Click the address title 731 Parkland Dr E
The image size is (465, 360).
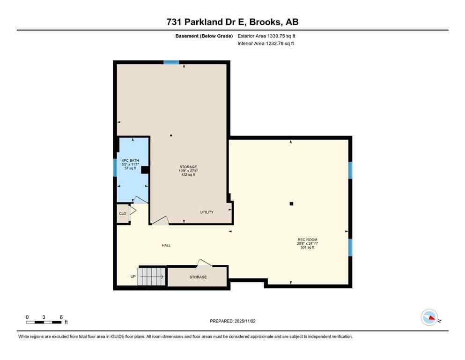tap(232, 22)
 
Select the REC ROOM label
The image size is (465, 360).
tap(307, 240)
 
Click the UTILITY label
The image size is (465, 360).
tap(207, 212)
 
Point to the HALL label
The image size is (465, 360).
tap(166, 245)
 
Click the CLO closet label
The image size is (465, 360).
tap(122, 214)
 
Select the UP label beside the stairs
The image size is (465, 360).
tap(133, 277)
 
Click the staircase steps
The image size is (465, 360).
tap(151, 277)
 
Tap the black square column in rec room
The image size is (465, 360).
tap(291, 203)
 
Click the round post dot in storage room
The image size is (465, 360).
tap(171, 136)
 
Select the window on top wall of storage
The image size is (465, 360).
tap(171, 62)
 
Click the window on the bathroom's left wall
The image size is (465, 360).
tap(115, 167)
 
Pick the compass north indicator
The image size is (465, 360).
tap(429, 317)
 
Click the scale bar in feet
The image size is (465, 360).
tap(44, 322)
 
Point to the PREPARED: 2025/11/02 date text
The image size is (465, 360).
tap(232, 321)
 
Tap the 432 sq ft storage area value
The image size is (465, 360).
tap(188, 174)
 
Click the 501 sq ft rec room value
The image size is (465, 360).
tap(307, 247)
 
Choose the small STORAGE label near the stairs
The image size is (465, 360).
tap(198, 277)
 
